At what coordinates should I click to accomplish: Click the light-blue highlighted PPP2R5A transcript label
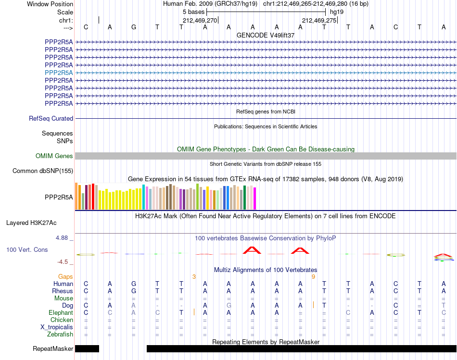coord(59,73)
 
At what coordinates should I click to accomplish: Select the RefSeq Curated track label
coord(51,119)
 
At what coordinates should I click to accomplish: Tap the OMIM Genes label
coord(54,156)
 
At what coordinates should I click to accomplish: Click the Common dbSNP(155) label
coord(43,171)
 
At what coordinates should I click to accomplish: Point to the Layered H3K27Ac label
coord(31,223)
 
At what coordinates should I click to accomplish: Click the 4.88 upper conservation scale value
coord(62,238)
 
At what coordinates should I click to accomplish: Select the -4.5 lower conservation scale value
coord(63,262)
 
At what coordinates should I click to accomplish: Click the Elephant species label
coord(61,312)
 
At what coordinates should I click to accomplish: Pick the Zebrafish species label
coord(60,334)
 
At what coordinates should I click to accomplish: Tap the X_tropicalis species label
coord(57,327)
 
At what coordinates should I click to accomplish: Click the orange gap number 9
coord(313,277)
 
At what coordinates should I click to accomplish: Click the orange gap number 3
coord(194,277)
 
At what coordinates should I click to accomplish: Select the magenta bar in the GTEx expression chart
coord(255,199)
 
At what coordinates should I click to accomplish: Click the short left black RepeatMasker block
coord(87,348)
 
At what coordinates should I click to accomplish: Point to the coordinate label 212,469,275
coord(319,20)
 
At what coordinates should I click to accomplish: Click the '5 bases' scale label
coord(193,12)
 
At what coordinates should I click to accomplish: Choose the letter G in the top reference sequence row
coord(133,27)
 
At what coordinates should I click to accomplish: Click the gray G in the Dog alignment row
coord(229,305)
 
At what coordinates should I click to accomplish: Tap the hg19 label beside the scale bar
coord(337,12)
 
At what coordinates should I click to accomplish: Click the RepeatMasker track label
coord(53,348)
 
